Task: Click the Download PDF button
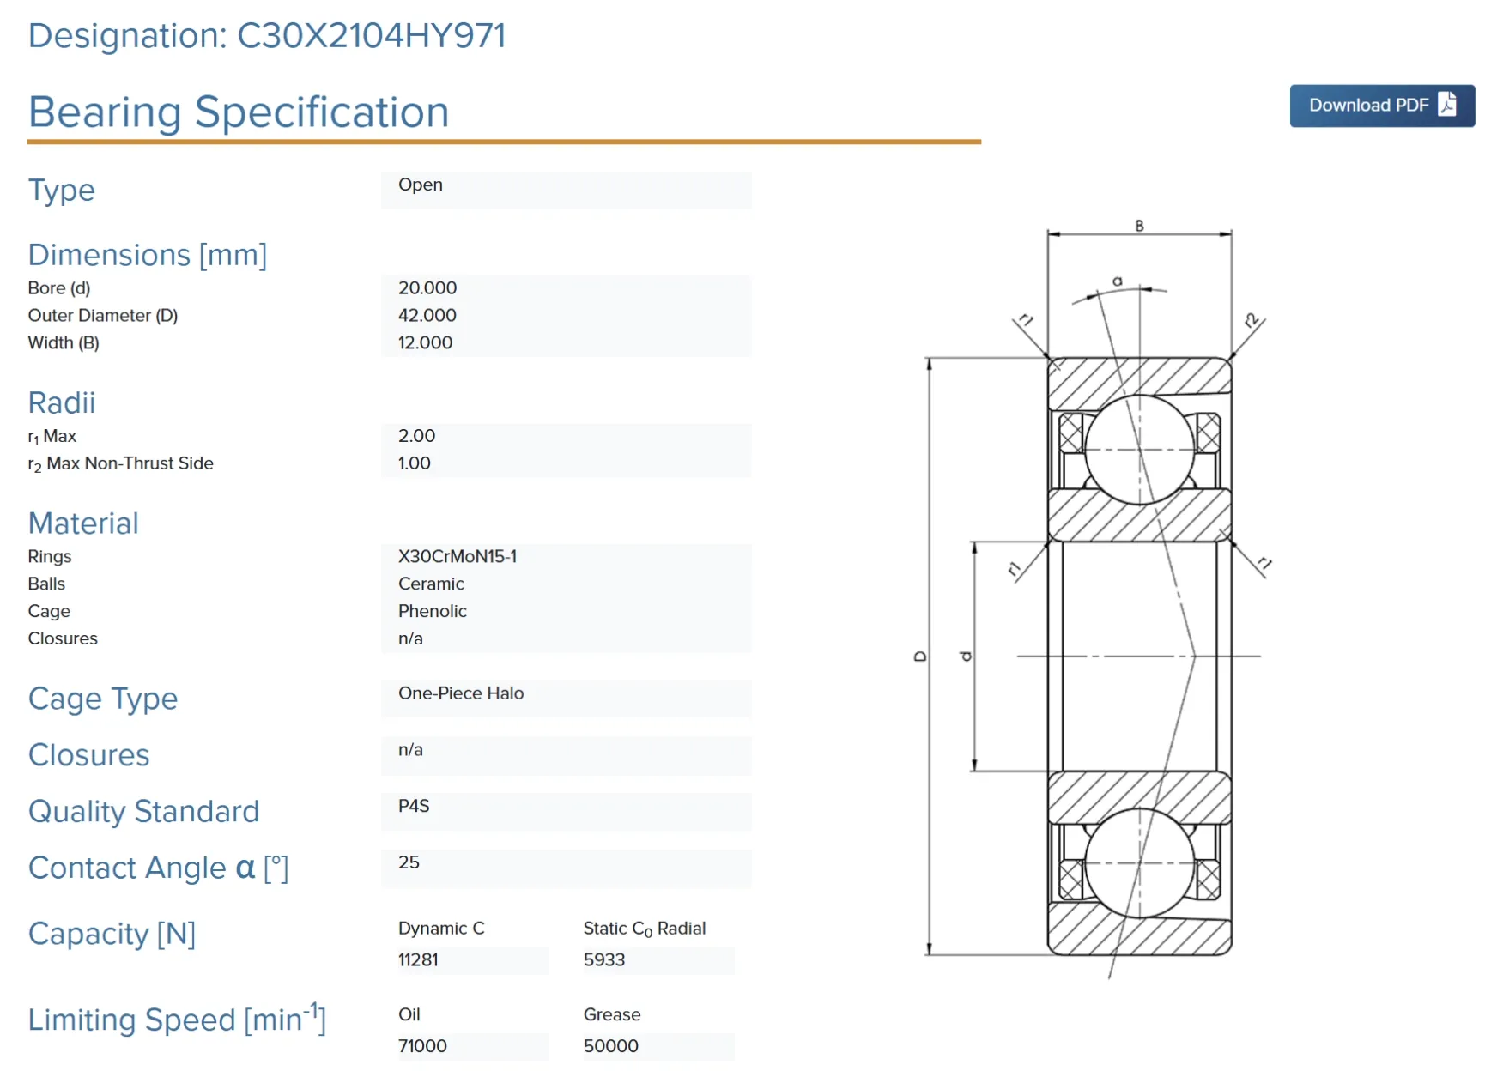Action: point(1381,106)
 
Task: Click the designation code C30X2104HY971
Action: point(371,36)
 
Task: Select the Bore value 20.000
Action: point(427,288)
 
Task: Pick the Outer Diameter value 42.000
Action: point(427,316)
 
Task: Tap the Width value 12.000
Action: point(425,343)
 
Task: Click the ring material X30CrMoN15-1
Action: point(458,557)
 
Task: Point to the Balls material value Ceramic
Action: point(431,584)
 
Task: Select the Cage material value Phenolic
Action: point(433,612)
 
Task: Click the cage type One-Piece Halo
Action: point(461,693)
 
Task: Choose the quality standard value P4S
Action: point(414,806)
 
